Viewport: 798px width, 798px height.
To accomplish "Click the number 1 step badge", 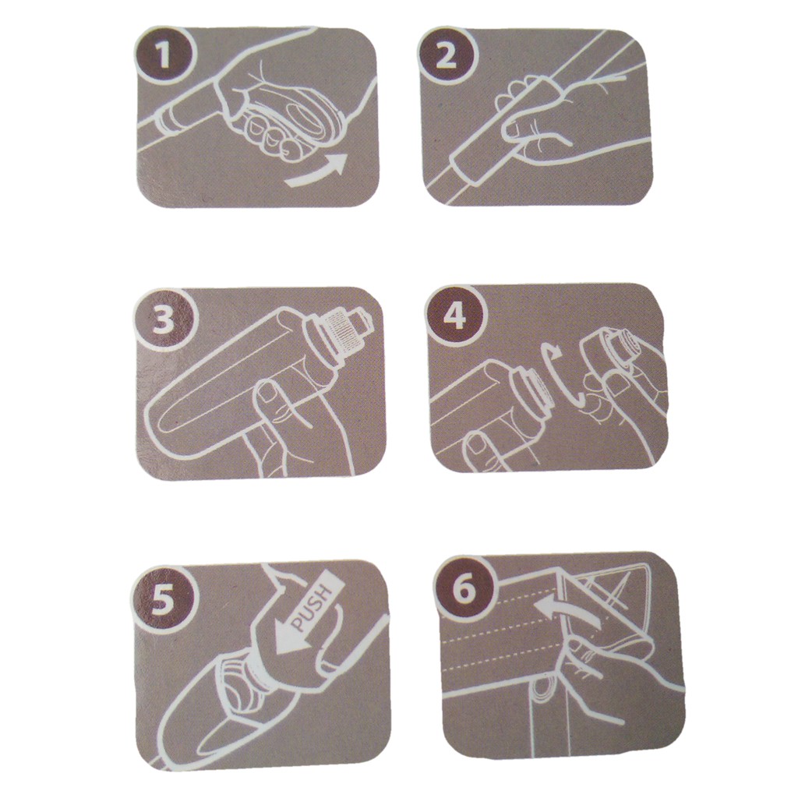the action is (164, 55).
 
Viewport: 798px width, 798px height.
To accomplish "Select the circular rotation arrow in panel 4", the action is (554, 376).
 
